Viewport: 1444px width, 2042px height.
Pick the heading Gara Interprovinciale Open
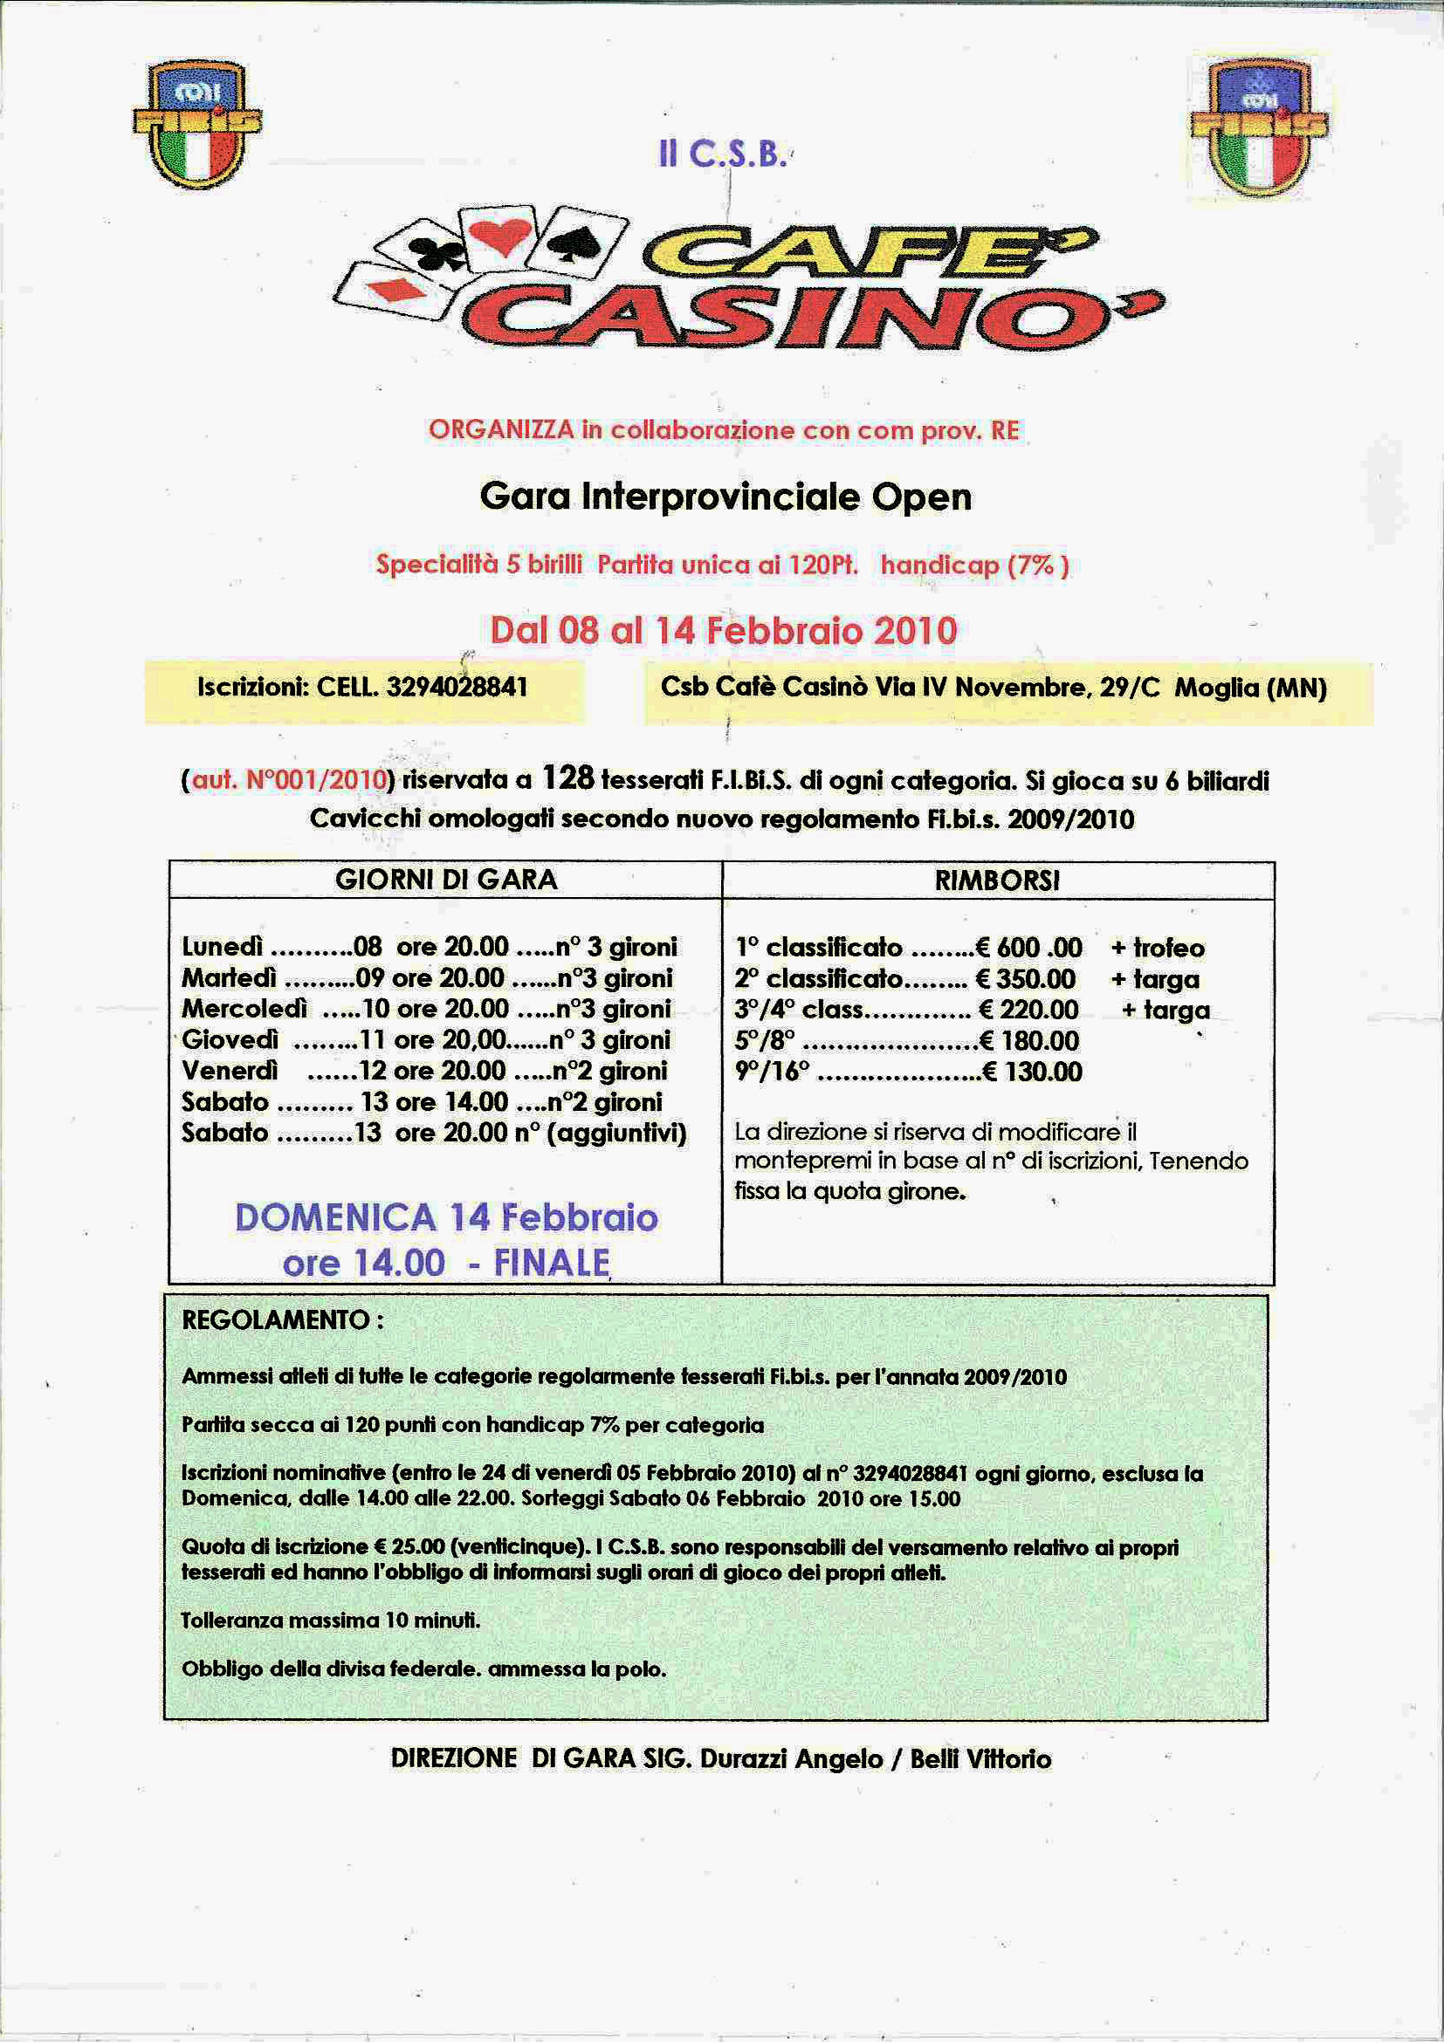pos(725,497)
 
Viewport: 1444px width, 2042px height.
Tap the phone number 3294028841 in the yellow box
pos(457,688)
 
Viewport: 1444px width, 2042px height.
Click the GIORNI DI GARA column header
pos(446,880)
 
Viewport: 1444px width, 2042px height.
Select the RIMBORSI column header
pos(996,881)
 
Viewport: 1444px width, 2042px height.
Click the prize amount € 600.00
pos(1028,947)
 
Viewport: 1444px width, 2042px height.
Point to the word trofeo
pos(1168,948)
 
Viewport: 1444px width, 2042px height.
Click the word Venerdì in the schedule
pos(230,1071)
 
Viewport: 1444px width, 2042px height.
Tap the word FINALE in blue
pos(552,1263)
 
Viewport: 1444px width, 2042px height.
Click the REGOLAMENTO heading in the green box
pos(276,1319)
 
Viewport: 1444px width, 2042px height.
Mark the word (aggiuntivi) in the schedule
pos(615,1133)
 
